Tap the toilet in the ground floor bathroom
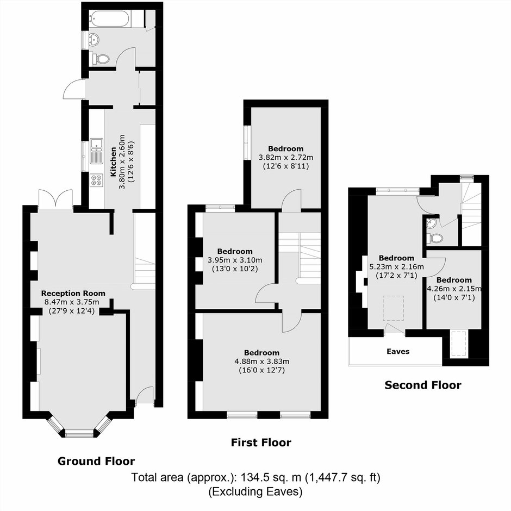101,59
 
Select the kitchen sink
97,151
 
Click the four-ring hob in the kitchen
97,180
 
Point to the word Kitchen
113,161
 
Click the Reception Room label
73,294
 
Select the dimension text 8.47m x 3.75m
72,302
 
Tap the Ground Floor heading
96,461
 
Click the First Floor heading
261,443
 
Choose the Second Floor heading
423,385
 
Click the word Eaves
398,351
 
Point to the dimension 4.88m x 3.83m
261,362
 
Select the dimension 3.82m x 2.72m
286,158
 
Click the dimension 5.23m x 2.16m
396,267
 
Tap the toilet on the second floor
435,238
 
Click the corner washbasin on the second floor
431,222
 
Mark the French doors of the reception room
56,199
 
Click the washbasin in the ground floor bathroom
95,40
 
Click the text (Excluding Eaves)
255,491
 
